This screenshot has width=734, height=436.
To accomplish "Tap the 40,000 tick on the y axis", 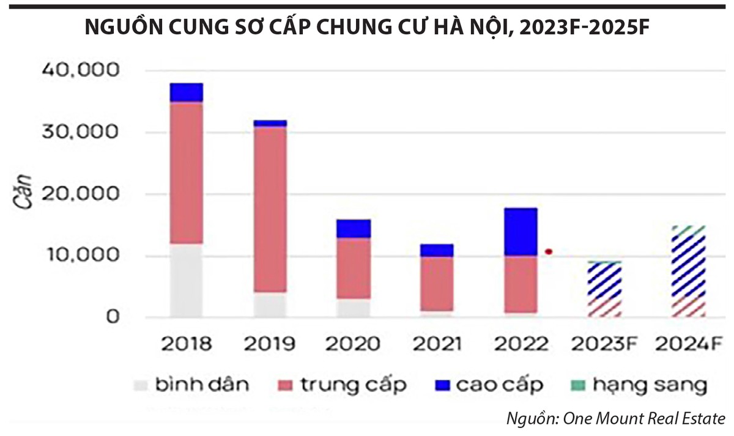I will coord(79,71).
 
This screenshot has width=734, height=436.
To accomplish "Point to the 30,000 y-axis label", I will coord(79,133).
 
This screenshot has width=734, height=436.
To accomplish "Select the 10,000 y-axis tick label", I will coord(79,256).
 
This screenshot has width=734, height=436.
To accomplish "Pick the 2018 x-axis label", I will coord(186,344).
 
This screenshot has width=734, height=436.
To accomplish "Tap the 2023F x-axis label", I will coord(605,344).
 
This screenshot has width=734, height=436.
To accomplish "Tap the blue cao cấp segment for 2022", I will coord(521,232).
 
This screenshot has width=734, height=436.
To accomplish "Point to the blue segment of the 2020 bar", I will coord(354,229).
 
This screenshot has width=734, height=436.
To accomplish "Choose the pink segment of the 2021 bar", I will coord(437,284).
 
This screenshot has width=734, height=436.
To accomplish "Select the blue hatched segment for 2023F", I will coord(604,281).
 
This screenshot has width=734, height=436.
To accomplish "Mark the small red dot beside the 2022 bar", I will coord(549,251).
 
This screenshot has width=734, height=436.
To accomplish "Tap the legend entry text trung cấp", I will coord(353,385).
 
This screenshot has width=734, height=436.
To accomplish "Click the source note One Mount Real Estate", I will coord(615,419).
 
